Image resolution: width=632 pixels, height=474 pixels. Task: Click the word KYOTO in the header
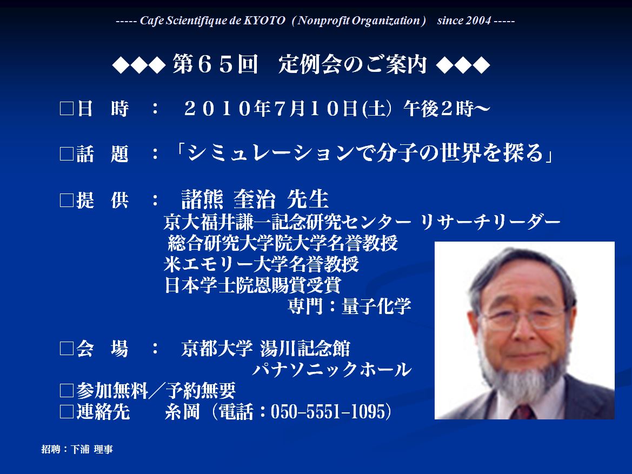point(264,21)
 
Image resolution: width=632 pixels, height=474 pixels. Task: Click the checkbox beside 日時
point(66,109)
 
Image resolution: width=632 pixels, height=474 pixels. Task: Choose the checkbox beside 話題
point(66,154)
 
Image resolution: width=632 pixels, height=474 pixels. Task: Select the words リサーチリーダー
point(490,222)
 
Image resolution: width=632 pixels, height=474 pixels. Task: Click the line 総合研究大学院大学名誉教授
point(283,243)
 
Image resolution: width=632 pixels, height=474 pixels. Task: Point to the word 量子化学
point(376,306)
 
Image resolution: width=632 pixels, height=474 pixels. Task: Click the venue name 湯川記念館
point(305,349)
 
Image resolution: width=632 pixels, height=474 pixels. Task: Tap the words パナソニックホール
point(332,370)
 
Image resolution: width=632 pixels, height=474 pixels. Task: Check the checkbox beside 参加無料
point(66,391)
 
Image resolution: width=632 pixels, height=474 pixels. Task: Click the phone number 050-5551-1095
point(328,411)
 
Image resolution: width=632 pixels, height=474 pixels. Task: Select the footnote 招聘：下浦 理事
point(77,450)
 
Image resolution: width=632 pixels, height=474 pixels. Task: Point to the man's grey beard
point(522,375)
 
